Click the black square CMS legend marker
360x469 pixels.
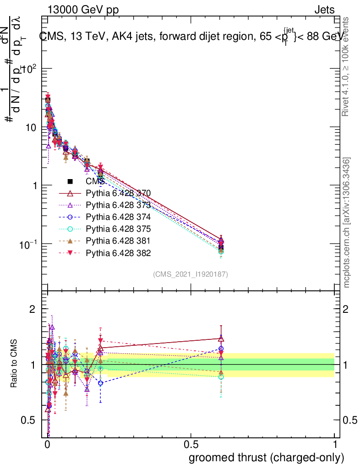(x=70, y=181)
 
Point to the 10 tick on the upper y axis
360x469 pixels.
(x=30, y=127)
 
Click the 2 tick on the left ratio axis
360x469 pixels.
(x=33, y=309)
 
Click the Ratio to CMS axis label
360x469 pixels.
(x=14, y=364)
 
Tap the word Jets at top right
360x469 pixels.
(x=324, y=10)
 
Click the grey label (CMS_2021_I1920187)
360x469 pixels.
(x=191, y=274)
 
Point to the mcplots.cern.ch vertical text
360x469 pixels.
(x=347, y=223)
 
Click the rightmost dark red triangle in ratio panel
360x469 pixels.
(x=221, y=338)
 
